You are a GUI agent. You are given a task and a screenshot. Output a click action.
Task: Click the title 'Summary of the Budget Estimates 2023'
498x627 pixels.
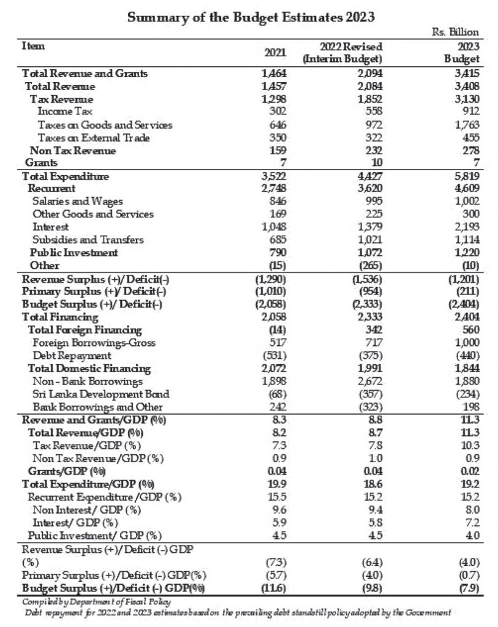pos(251,18)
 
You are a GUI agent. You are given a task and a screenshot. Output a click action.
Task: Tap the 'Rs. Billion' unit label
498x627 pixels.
pos(456,32)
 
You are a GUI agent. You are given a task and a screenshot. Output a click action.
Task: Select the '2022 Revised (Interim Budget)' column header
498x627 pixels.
pos(342,53)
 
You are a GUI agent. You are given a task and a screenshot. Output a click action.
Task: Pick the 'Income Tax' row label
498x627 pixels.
pos(60,111)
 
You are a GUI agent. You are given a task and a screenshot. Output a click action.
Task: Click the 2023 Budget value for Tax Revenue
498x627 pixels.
pos(466,99)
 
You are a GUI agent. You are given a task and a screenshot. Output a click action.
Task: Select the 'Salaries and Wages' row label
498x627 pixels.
pos(78,201)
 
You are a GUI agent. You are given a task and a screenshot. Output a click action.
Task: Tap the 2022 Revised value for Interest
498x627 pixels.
pos(369,227)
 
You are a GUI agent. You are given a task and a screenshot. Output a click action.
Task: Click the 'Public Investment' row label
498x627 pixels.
pos(74,252)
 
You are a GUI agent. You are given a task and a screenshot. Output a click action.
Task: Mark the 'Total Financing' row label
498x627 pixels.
pos(60,317)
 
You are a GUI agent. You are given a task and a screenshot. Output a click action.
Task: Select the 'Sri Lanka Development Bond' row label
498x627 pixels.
pos(101,394)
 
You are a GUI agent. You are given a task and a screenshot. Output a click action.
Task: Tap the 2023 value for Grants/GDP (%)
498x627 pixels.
pos(469,471)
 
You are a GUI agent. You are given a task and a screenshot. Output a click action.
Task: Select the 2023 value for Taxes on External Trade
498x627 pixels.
pos(469,138)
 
